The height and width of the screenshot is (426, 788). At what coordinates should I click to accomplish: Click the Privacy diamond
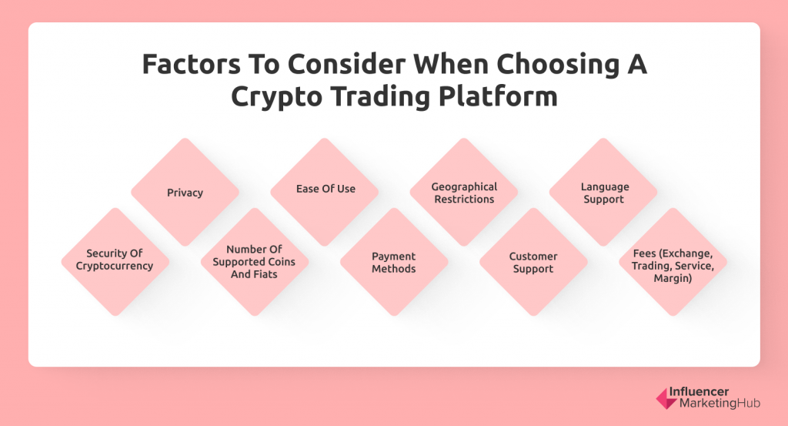(x=185, y=192)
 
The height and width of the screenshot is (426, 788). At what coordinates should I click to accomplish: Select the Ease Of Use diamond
(x=325, y=192)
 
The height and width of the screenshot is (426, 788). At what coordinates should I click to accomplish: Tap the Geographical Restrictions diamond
(x=464, y=192)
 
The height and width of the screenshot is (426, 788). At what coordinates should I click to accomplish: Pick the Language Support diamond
(x=603, y=192)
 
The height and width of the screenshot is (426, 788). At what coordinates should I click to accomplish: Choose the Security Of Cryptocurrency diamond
(x=115, y=262)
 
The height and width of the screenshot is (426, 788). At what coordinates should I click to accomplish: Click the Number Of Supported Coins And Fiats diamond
(x=255, y=262)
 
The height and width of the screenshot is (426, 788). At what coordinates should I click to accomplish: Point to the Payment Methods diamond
(x=394, y=262)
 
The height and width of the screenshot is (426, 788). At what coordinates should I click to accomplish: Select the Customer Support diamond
(x=534, y=262)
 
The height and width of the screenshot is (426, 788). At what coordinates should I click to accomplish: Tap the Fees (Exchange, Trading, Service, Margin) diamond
(x=673, y=262)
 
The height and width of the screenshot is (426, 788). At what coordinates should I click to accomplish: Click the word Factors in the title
(x=185, y=65)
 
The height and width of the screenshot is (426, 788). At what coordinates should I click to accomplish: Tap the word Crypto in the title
(x=276, y=97)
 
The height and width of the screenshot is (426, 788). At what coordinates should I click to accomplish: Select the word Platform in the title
(x=498, y=96)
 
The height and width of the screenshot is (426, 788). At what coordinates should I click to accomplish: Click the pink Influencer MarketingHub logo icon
(x=666, y=398)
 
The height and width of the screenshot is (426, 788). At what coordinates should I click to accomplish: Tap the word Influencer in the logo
(x=699, y=392)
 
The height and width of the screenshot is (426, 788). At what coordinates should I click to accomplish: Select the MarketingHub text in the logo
(x=720, y=404)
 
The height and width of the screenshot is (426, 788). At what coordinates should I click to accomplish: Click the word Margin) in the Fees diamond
(x=673, y=278)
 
